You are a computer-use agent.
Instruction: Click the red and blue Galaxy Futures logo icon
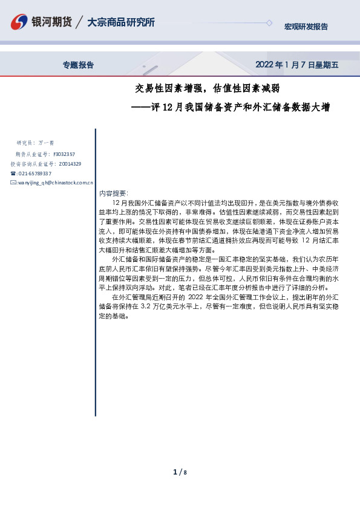[19, 22]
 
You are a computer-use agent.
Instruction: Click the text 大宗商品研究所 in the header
[121, 22]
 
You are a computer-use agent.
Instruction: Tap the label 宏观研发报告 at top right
[306, 27]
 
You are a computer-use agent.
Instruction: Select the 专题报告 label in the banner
[79, 65]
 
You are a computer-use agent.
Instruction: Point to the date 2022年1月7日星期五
[296, 65]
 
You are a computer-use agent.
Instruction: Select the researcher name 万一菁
[46, 143]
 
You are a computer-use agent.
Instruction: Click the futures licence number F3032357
[65, 154]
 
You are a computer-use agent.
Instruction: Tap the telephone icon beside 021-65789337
[13, 173]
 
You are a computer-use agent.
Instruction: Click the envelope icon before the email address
[13, 182]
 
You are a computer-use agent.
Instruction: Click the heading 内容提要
[113, 193]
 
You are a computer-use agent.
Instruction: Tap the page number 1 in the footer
[175, 472]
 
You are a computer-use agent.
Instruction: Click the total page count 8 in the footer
[185, 472]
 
